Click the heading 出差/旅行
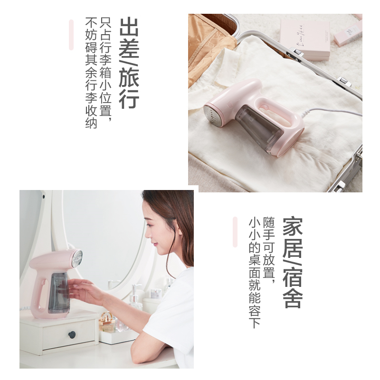click(x=129, y=63)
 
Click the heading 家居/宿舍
click(x=293, y=262)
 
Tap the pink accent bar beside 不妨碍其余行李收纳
click(x=71, y=35)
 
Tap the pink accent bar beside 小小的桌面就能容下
click(x=235, y=232)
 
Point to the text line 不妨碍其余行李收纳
click(x=91, y=73)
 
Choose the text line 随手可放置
click(x=269, y=250)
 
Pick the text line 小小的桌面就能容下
click(x=255, y=273)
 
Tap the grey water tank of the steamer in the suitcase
click(x=258, y=128)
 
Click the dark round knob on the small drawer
click(x=72, y=335)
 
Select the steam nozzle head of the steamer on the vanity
click(x=77, y=258)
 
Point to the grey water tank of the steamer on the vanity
click(x=58, y=293)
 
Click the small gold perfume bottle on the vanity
click(x=107, y=322)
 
